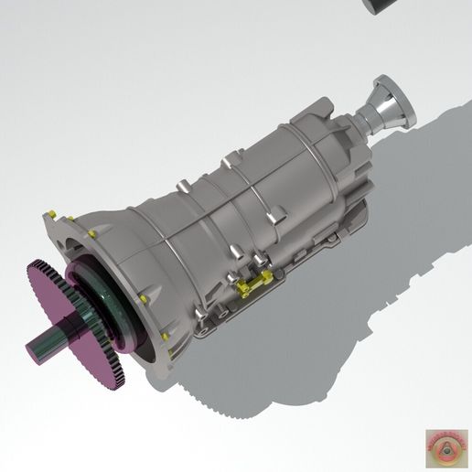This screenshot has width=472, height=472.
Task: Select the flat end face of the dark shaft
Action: [x=31, y=350]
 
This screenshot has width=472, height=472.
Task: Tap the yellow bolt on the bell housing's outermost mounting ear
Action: [x=53, y=214]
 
